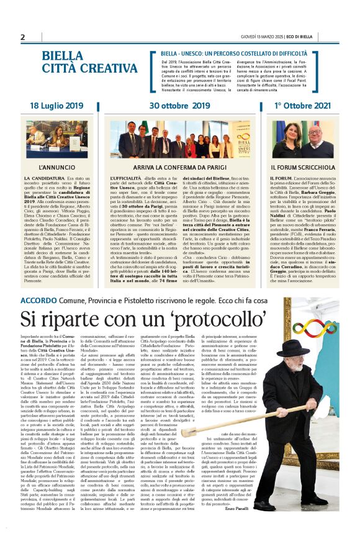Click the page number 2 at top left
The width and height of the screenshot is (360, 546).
click(22, 37)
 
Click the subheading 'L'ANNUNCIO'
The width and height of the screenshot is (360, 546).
click(56, 168)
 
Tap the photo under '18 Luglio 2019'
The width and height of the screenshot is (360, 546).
click(56, 139)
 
